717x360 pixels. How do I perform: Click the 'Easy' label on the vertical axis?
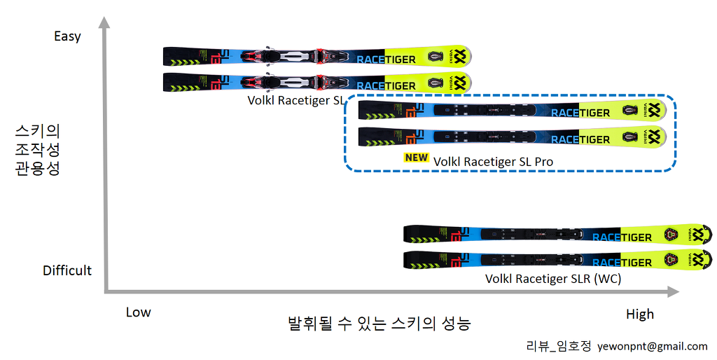click(67, 36)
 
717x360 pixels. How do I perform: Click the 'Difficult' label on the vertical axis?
click(67, 270)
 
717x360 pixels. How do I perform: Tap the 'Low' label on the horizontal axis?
click(138, 312)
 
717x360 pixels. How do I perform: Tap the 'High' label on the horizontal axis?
click(639, 314)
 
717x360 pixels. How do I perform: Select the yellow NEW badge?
click(416, 158)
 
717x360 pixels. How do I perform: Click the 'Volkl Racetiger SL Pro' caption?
click(493, 162)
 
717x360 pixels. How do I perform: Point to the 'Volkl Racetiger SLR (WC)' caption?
click(553, 279)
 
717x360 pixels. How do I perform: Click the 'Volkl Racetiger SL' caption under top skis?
click(295, 100)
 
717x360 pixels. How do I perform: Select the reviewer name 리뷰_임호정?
click(559, 346)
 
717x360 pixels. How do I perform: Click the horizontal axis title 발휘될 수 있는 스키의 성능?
click(379, 324)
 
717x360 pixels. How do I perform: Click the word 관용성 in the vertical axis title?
click(38, 168)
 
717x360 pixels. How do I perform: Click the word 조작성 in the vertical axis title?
click(38, 149)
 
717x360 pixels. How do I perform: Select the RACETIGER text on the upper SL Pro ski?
click(580, 112)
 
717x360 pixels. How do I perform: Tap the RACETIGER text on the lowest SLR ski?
click(622, 263)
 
